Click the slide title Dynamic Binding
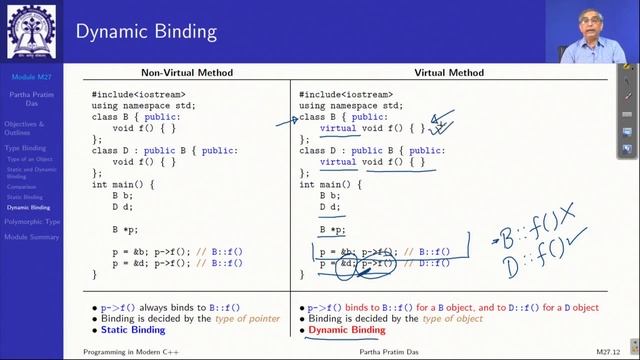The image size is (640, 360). [x=146, y=31]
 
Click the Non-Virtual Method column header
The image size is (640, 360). [x=187, y=72]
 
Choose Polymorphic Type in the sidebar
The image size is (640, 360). [x=32, y=221]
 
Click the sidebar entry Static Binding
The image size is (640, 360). [x=25, y=197]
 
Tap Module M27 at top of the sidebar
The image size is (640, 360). [x=32, y=76]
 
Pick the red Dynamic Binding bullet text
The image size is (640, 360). [x=346, y=329]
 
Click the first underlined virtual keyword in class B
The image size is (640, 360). [x=338, y=128]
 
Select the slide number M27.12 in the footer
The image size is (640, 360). [x=611, y=352]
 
